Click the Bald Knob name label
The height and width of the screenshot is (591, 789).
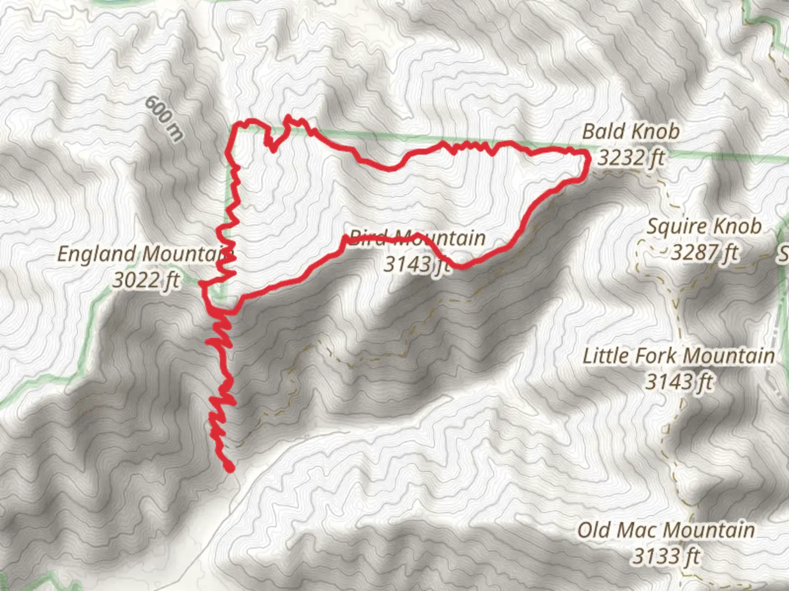coord(631,131)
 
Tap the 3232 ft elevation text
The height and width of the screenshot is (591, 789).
coord(631,158)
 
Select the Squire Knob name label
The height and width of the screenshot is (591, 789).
coord(704,226)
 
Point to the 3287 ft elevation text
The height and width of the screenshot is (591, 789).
coord(705,252)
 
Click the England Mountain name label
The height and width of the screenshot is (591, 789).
coord(146,254)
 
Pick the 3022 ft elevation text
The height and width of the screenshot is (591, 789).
coord(146,280)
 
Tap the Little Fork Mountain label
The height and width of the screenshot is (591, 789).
coord(678,356)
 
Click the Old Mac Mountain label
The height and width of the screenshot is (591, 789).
coord(666,530)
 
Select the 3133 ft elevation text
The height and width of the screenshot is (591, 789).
coord(666,557)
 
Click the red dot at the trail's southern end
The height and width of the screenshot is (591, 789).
coord(230,467)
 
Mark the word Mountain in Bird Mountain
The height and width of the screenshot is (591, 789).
coord(441,237)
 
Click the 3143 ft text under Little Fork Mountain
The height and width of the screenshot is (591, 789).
coord(679,381)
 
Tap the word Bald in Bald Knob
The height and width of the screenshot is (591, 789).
coord(602,131)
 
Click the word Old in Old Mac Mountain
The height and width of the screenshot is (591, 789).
coord(594,530)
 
